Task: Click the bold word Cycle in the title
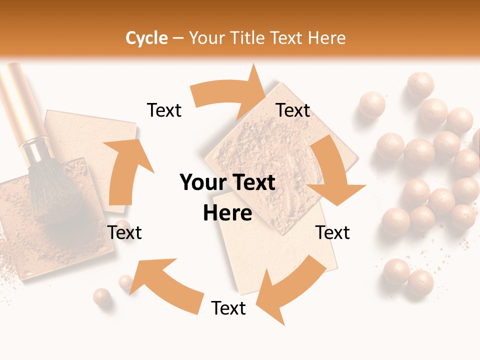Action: [x=146, y=38]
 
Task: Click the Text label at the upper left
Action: [x=164, y=110]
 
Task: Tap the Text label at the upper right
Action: [x=293, y=110]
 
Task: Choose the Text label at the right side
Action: [x=332, y=232]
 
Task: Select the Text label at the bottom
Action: [x=228, y=308]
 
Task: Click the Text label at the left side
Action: [x=124, y=232]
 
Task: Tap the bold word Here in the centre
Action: [x=227, y=213]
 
